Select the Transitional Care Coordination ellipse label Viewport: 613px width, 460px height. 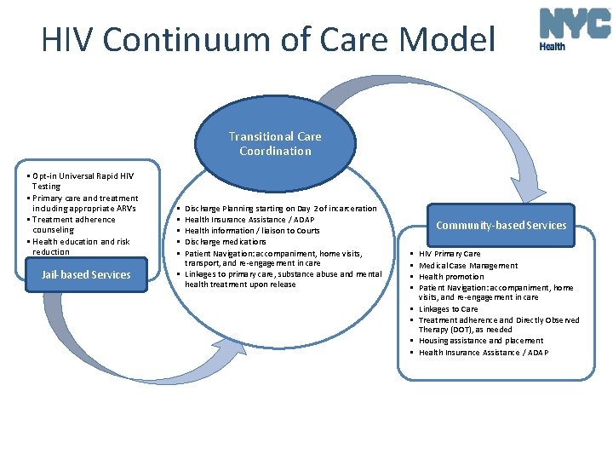click(x=275, y=143)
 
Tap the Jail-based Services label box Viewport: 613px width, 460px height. click(x=86, y=274)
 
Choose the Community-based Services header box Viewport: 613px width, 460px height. click(x=501, y=225)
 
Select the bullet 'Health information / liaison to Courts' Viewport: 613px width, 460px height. click(x=252, y=231)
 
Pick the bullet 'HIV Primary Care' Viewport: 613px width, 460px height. click(x=450, y=254)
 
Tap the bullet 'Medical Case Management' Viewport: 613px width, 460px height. click(x=467, y=265)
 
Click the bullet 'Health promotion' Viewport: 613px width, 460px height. click(x=451, y=276)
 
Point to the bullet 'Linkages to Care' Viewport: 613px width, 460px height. click(x=448, y=308)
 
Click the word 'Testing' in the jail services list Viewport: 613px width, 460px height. click(x=46, y=187)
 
